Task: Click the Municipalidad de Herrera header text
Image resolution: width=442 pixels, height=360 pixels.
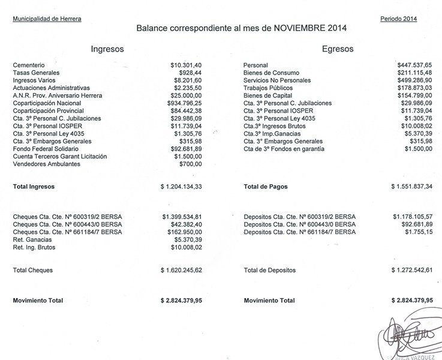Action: pos(47,19)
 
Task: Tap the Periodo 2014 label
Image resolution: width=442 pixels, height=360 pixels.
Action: pos(398,19)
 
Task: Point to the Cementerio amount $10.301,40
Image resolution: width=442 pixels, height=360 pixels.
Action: pos(186,65)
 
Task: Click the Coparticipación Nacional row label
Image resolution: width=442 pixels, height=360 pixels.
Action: pos(47,103)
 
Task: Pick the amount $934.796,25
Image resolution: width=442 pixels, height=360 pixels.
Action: pos(186,103)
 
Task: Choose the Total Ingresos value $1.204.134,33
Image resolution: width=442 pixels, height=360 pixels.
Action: pos(182,187)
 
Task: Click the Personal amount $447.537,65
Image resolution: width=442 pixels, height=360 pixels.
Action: pos(414,65)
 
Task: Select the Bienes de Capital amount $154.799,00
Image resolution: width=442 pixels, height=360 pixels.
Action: pos(414,96)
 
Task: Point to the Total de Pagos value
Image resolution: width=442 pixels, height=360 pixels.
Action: pos(411,187)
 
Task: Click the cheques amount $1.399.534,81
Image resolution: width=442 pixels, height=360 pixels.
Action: pos(182,216)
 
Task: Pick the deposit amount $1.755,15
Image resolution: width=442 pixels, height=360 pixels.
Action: pos(419,232)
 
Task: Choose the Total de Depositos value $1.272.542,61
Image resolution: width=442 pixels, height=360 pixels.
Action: pos(411,271)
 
